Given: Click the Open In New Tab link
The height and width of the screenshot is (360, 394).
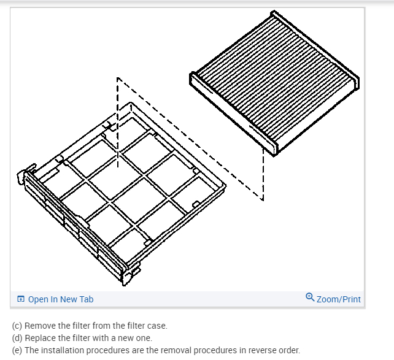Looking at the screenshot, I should click(x=60, y=299).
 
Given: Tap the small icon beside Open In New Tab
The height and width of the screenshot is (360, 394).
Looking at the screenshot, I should click(x=21, y=299).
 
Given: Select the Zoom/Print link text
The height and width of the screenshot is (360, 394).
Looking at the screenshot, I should click(x=339, y=299).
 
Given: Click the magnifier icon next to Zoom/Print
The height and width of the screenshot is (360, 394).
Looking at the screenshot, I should click(x=310, y=298).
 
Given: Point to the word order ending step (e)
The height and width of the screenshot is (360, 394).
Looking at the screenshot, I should click(x=290, y=350).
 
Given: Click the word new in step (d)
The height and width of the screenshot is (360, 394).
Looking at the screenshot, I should click(x=128, y=338).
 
